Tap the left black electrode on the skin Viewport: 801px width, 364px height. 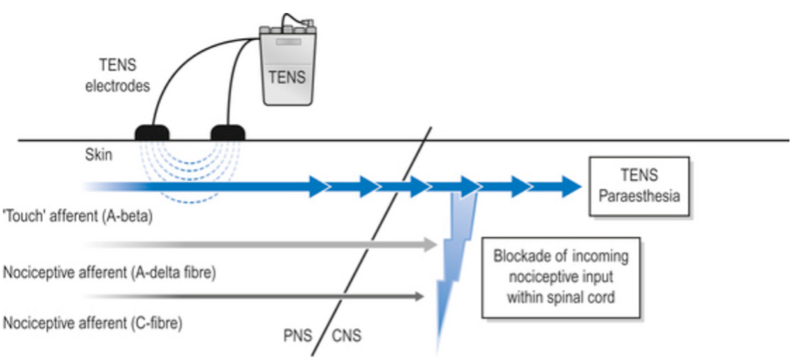(x=152, y=132)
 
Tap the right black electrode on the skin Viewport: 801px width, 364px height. (x=227, y=132)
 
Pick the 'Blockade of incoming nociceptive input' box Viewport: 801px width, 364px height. (x=560, y=277)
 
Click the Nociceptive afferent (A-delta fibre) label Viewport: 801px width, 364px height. (x=110, y=272)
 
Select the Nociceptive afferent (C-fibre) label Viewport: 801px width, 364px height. (x=93, y=323)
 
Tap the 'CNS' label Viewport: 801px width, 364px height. (x=347, y=337)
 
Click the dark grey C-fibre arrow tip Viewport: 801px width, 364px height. (x=419, y=297)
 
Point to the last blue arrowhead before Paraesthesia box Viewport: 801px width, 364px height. (x=570, y=186)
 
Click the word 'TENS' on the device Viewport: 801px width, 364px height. (x=287, y=76)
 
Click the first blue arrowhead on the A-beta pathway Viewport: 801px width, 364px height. (x=318, y=186)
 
